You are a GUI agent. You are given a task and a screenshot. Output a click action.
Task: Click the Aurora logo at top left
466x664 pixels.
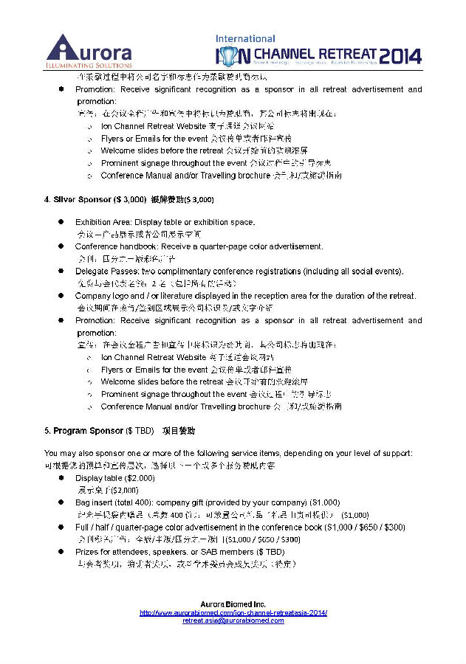(89, 49)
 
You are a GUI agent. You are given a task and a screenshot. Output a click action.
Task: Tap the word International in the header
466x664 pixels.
(245, 38)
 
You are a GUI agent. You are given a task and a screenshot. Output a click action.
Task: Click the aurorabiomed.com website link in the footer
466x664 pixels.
(233, 613)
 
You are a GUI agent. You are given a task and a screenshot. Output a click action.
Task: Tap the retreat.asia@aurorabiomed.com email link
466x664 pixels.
(233, 620)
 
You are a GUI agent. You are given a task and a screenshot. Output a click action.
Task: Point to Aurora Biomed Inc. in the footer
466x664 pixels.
(233, 605)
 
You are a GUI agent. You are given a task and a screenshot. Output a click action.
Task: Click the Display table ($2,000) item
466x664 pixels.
(114, 478)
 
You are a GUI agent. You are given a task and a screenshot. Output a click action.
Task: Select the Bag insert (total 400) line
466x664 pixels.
(208, 502)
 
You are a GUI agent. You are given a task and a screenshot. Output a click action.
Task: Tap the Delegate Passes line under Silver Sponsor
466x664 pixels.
(239, 271)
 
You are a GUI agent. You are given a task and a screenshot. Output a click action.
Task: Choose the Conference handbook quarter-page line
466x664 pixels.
(188, 246)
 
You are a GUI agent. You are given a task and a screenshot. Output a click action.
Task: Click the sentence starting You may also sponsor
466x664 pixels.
(228, 453)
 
